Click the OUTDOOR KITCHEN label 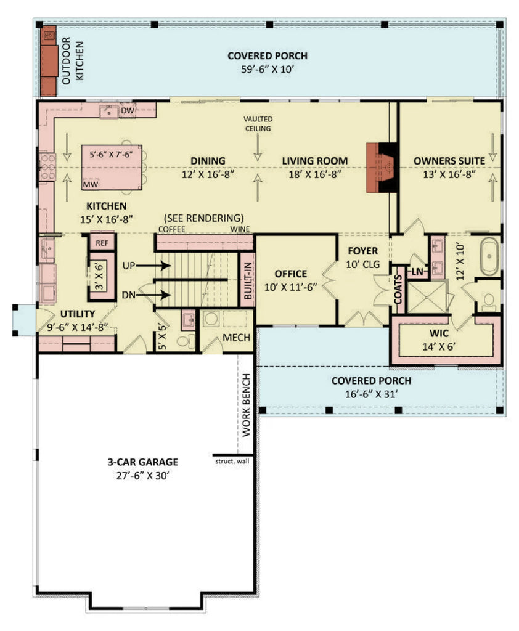[x=72, y=60]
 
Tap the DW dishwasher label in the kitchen [x=128, y=111]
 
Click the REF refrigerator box [x=102, y=243]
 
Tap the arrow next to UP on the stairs [x=154, y=266]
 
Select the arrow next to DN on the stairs [x=154, y=295]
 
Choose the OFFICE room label [x=290, y=274]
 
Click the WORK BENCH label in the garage [x=246, y=412]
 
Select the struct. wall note [x=232, y=461]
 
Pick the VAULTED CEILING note [x=258, y=123]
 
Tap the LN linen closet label [x=417, y=271]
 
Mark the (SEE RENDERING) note [x=203, y=218]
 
